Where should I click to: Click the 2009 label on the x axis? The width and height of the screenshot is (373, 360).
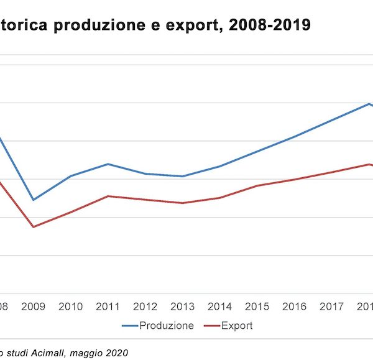(x=34, y=307)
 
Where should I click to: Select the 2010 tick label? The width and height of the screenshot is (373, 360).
(x=71, y=307)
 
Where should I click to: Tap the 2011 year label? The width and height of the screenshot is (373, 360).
(x=108, y=307)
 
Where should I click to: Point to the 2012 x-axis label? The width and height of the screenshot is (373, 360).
(x=145, y=307)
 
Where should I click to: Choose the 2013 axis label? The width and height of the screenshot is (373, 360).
(x=183, y=307)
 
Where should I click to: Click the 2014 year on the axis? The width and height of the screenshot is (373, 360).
(x=220, y=307)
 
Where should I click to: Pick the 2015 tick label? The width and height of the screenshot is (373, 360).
(x=257, y=307)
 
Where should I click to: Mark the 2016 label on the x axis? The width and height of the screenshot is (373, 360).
(x=295, y=307)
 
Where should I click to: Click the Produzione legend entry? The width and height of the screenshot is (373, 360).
(x=166, y=326)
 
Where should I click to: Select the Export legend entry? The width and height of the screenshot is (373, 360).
(x=237, y=326)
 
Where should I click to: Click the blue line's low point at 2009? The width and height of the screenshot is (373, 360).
(x=34, y=200)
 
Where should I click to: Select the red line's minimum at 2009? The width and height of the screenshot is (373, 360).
(x=34, y=226)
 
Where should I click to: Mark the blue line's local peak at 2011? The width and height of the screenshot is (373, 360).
(x=108, y=164)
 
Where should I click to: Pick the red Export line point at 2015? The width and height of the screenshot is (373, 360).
(x=257, y=185)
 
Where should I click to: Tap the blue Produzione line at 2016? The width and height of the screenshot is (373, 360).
(x=295, y=136)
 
